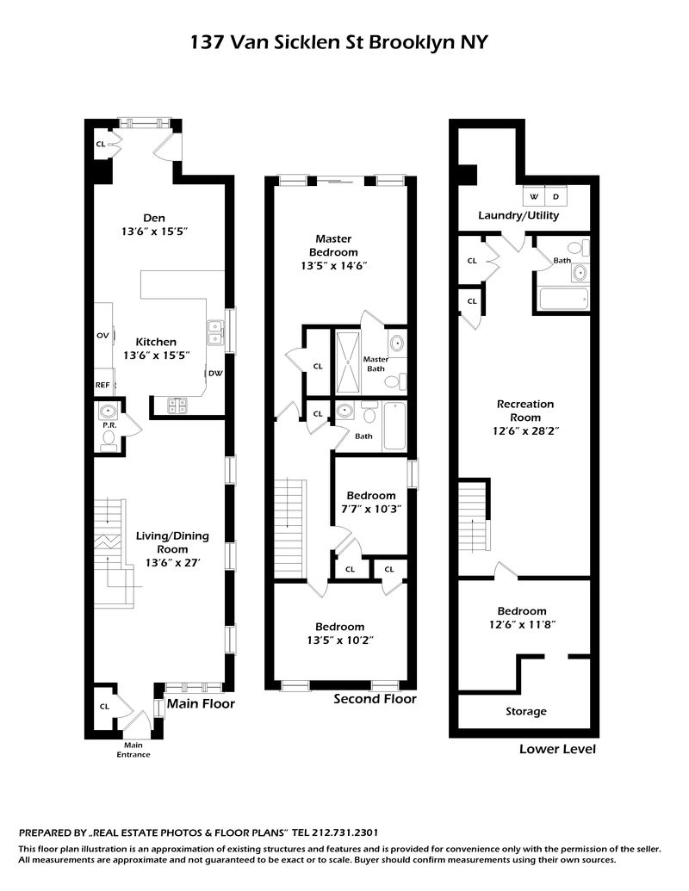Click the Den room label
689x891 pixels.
[x=155, y=218]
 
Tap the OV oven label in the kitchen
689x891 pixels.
[x=101, y=335]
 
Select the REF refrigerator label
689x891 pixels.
[x=102, y=385]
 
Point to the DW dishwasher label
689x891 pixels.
[x=214, y=374]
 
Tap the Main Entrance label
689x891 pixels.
[x=133, y=750]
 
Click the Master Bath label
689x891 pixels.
[x=376, y=363]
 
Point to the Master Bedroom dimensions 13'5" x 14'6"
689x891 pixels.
[x=335, y=266]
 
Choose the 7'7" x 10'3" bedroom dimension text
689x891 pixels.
[x=370, y=510]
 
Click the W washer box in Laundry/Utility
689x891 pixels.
[x=533, y=196]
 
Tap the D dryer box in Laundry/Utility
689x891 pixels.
[x=556, y=196]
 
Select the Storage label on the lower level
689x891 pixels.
[x=525, y=711]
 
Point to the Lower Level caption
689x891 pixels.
[x=557, y=749]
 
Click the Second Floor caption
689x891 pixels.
[x=375, y=699]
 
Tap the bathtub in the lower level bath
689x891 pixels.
[x=563, y=300]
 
